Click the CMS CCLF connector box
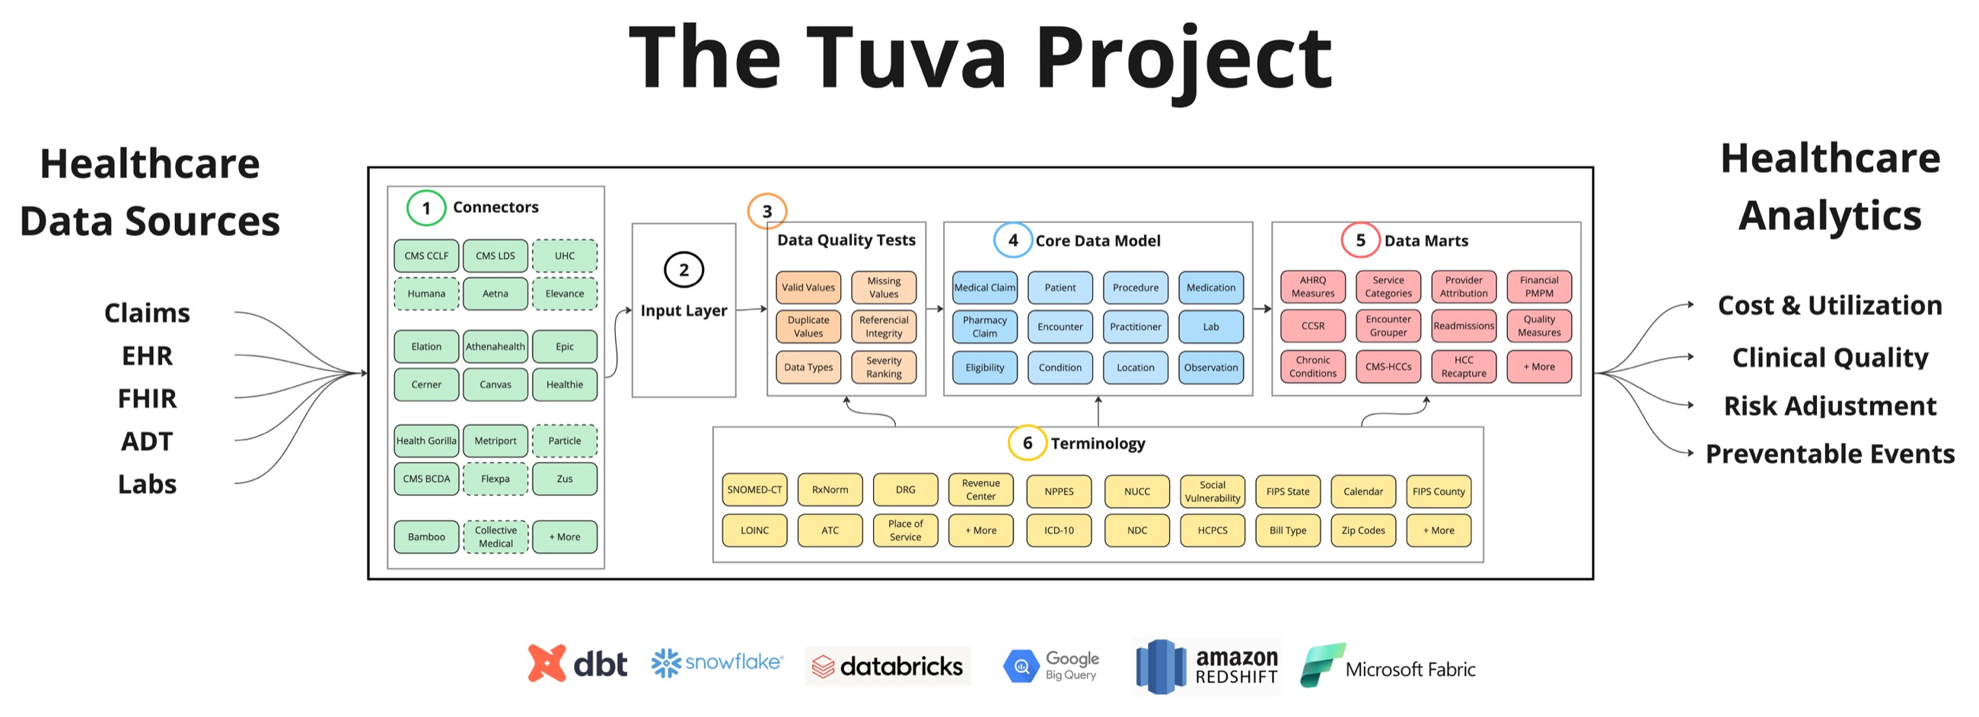pos(425,256)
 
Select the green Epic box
pos(564,346)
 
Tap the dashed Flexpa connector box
pos(495,479)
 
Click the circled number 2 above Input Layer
pos(683,269)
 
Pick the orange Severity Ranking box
pos(884,368)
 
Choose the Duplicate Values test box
pos(808,327)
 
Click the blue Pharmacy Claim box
pos(984,327)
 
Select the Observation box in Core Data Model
pos(1210,368)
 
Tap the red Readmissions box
pos(1463,326)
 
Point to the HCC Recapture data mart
pos(1463,367)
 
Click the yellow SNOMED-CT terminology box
pos(754,489)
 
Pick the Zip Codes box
pos(1362,531)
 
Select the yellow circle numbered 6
pos(1026,444)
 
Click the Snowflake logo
pos(716,662)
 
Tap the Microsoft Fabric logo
pos(1388,666)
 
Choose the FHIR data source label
pos(147,399)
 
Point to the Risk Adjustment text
pos(1829,406)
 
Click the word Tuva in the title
pos(906,58)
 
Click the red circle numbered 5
pos(1359,241)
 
